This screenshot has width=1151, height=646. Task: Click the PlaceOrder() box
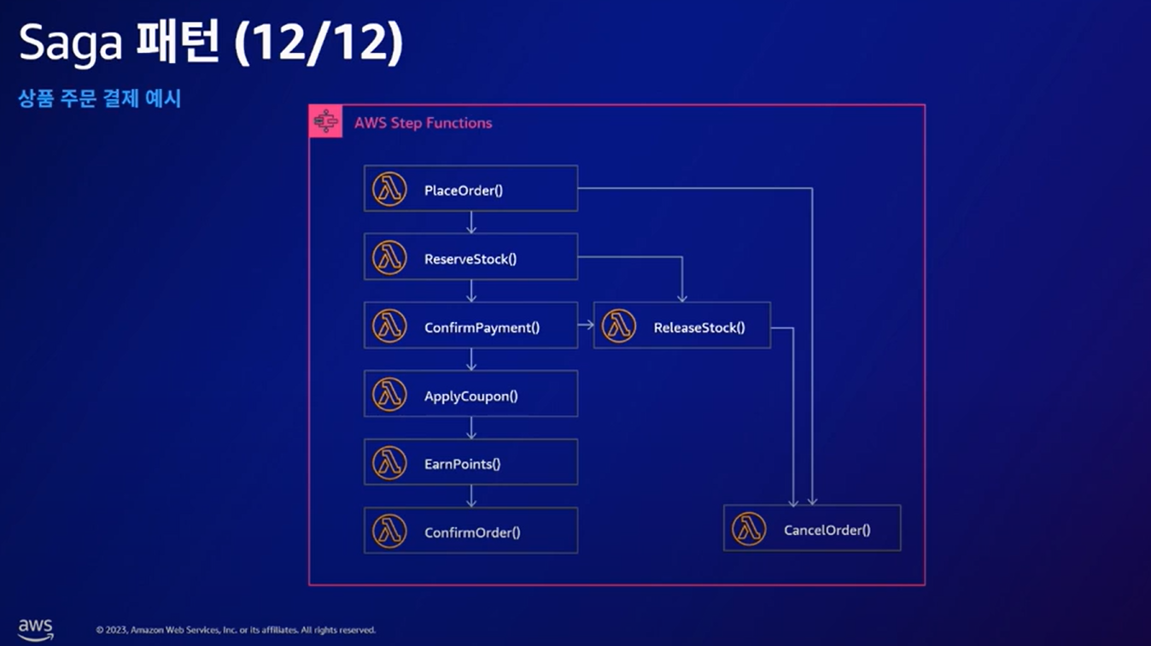[x=470, y=188]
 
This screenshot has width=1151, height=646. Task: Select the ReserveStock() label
[x=470, y=259]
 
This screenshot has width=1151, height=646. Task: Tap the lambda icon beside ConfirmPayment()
[x=389, y=326]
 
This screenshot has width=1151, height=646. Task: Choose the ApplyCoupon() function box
[x=470, y=394]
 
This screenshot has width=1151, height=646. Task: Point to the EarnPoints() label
[x=462, y=464]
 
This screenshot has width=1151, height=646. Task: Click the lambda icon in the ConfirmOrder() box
[x=389, y=531]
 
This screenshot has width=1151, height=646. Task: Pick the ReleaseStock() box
[x=682, y=326]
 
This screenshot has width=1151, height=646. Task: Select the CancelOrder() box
[x=812, y=528]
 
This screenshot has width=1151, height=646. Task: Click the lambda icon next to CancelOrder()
[x=749, y=529]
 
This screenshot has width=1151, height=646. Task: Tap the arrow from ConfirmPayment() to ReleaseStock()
[x=586, y=325]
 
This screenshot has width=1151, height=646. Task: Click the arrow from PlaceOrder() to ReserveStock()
[x=471, y=222]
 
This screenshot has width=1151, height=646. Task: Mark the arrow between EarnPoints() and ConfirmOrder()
[x=471, y=496]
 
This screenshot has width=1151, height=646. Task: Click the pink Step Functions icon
[x=326, y=121]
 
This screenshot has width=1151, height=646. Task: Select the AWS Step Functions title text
[x=424, y=123]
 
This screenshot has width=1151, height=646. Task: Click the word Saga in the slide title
[x=70, y=45]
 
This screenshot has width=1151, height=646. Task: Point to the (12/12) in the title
[x=318, y=45]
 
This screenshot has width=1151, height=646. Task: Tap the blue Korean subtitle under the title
[x=100, y=99]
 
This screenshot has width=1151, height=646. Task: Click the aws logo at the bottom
[x=36, y=628]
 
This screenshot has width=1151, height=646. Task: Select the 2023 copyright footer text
[x=236, y=630]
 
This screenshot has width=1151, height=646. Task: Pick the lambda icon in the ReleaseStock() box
[x=619, y=326]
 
